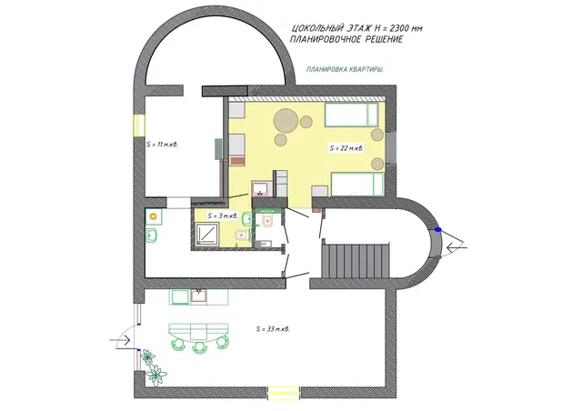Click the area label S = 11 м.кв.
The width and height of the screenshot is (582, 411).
pyautogui.click(x=162, y=145)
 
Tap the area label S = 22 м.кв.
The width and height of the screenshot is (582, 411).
pyautogui.click(x=346, y=148)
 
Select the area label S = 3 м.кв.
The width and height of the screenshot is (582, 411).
pyautogui.click(x=223, y=216)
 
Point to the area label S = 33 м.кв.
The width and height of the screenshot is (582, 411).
pyautogui.click(x=273, y=329)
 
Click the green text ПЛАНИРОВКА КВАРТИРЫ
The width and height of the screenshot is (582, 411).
pyautogui.click(x=346, y=69)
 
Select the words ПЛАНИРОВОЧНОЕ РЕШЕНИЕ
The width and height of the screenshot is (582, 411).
pyautogui.click(x=346, y=40)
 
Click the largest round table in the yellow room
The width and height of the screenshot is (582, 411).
pyautogui.click(x=286, y=120)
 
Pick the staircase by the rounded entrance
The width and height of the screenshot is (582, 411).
pyautogui.click(x=356, y=260)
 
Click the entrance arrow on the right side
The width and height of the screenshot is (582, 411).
pyautogui.click(x=457, y=247)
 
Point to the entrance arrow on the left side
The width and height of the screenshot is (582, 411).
pyautogui.click(x=119, y=340)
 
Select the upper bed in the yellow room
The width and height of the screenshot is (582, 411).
pyautogui.click(x=352, y=115)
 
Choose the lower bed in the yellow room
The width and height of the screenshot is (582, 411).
pyautogui.click(x=357, y=185)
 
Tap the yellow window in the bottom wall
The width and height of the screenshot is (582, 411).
pyautogui.click(x=284, y=393)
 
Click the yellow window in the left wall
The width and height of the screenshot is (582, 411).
pyautogui.click(x=139, y=125)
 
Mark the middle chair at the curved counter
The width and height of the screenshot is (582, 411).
pyautogui.click(x=200, y=346)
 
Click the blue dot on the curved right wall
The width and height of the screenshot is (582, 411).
pyautogui.click(x=438, y=230)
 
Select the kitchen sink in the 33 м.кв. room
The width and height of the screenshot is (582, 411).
pyautogui.click(x=199, y=296)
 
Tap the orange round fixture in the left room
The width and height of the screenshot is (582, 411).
pyautogui.click(x=154, y=216)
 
